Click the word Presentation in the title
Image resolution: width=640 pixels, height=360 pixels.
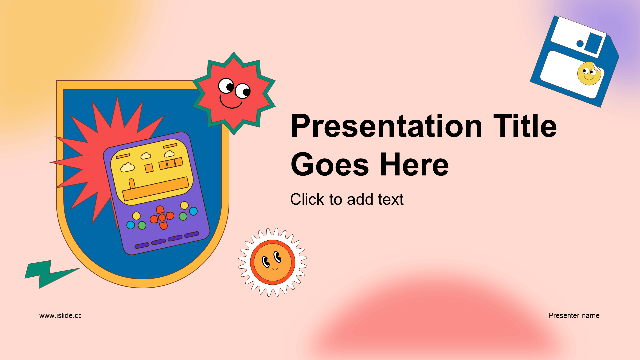387,126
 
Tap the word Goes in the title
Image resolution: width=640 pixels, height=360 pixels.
330,165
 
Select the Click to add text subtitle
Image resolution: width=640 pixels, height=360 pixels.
347,199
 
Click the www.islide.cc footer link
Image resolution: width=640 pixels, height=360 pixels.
60,315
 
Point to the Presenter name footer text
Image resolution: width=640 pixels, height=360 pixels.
574,315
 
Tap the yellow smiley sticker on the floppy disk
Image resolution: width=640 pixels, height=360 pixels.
589,73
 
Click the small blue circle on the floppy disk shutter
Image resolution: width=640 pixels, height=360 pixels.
580,43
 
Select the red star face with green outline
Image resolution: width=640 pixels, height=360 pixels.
234,93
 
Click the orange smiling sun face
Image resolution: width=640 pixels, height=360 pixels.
273,262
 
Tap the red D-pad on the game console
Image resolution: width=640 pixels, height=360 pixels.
162,218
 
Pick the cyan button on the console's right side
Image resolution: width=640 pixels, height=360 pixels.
193,211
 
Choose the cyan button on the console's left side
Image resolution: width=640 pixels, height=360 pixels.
131,225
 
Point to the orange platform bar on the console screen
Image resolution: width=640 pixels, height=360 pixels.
156,189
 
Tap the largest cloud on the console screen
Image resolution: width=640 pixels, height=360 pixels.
127,167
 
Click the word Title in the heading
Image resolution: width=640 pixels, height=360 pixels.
525,126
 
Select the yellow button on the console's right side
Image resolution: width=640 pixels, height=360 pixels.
184,205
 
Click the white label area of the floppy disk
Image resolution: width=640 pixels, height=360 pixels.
572,74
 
